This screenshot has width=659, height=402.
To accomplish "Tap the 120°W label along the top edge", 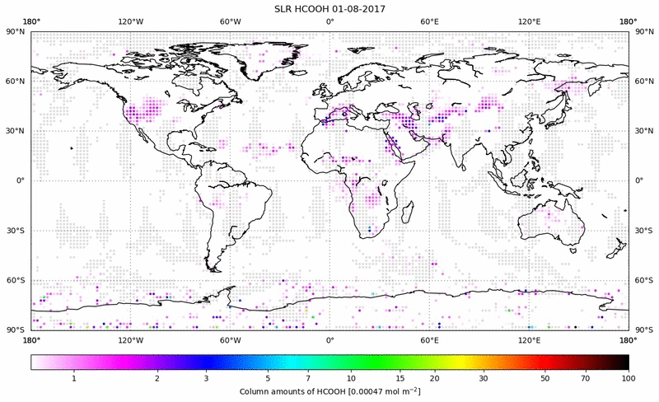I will (x=130, y=21).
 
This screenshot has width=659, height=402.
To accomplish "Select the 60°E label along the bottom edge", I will (x=430, y=339).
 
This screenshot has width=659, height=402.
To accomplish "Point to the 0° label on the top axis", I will (x=329, y=21).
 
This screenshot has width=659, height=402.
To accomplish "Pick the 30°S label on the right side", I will (x=643, y=231).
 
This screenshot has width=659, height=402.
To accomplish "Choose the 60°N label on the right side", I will (x=643, y=81).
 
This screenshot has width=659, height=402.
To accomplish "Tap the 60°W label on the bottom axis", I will (x=230, y=339).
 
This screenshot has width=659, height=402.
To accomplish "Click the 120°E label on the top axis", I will (x=530, y=21).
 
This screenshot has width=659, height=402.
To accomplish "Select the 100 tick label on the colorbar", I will (x=629, y=377).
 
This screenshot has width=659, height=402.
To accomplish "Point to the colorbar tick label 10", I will (x=352, y=377).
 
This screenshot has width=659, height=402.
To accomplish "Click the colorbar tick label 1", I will (x=74, y=377).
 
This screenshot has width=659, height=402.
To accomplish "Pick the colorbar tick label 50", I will (x=544, y=377).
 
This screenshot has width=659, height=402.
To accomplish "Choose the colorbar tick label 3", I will (x=206, y=377).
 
